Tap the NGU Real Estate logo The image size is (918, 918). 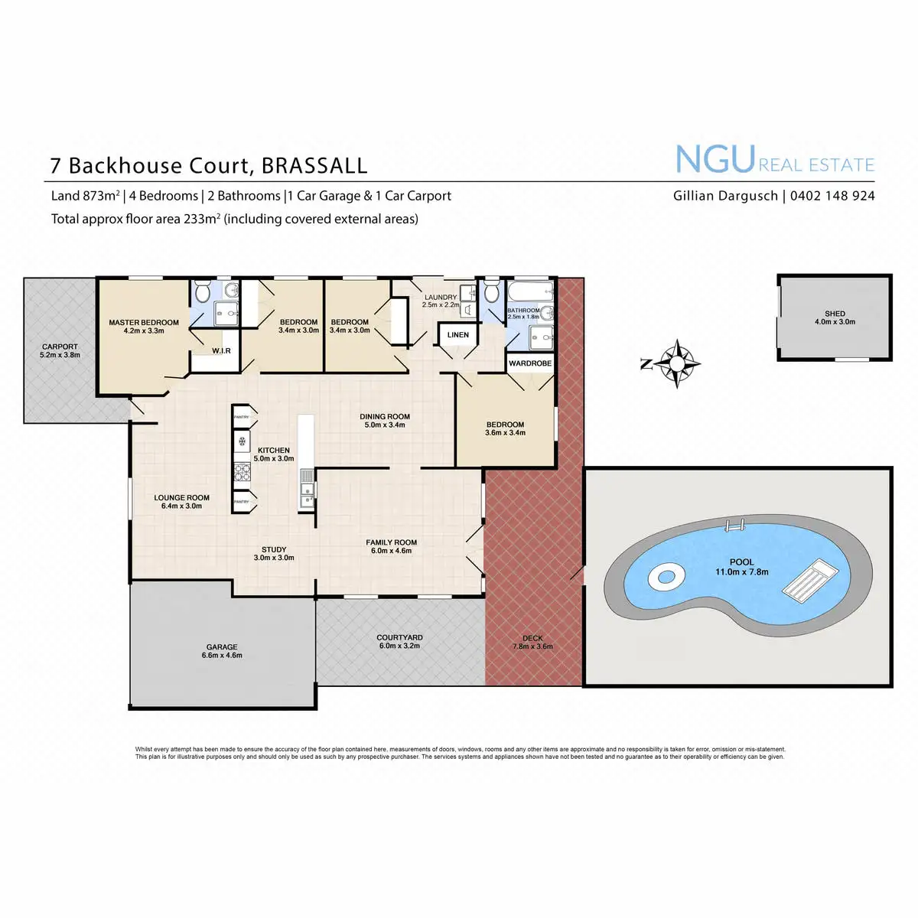(x=774, y=160)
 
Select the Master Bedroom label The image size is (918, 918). (x=144, y=323)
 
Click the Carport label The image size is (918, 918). (x=60, y=347)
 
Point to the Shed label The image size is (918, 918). (x=835, y=314)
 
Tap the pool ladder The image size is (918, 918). (x=734, y=527)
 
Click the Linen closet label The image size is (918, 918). (x=458, y=335)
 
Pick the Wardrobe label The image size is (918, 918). (x=530, y=363)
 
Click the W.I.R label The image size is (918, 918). (x=221, y=351)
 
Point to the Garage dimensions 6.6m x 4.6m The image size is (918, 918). (x=222, y=656)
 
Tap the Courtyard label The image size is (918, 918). (x=399, y=637)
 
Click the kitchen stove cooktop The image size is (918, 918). (x=243, y=471)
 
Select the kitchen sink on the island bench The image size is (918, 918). (x=306, y=487)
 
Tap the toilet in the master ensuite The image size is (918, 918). (x=203, y=291)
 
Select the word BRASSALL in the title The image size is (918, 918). (x=314, y=166)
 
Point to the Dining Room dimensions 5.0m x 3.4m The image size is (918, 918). (x=385, y=425)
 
